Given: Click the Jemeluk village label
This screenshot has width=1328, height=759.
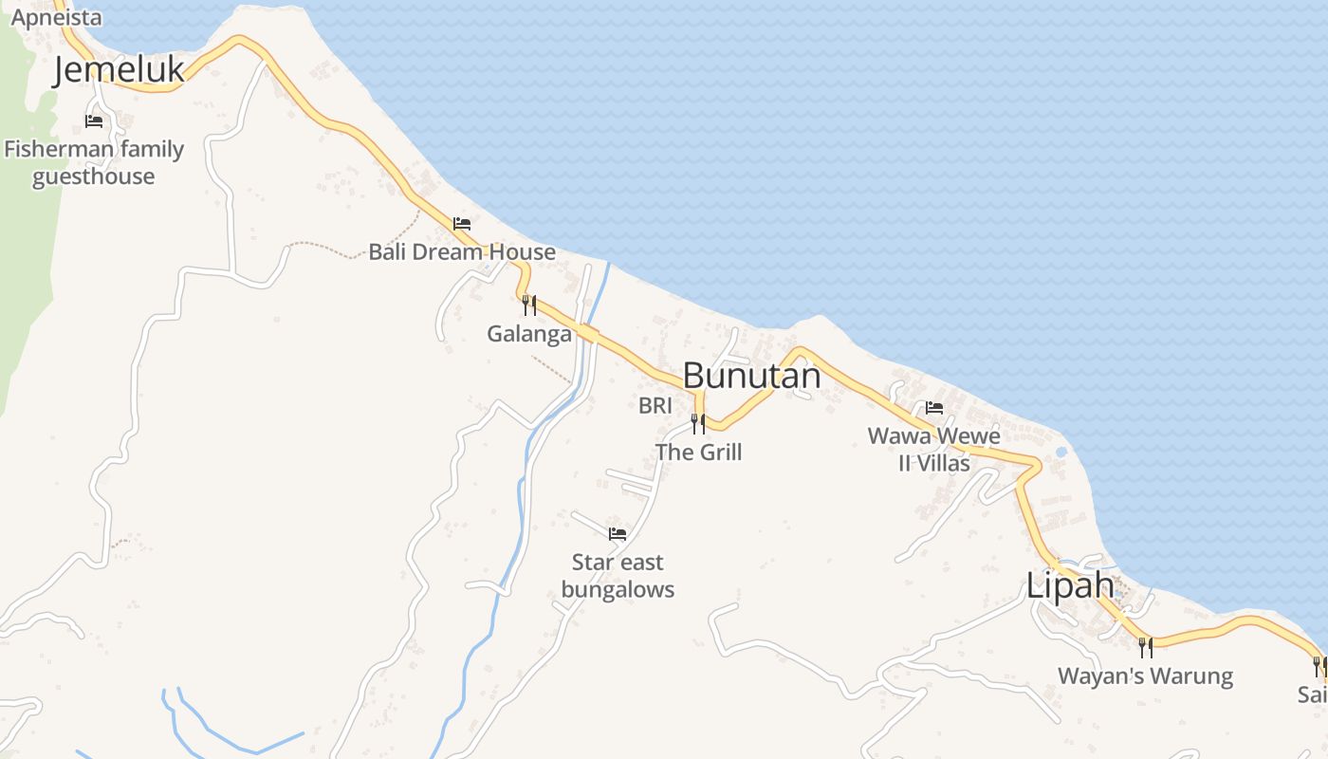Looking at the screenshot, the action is tap(119, 70).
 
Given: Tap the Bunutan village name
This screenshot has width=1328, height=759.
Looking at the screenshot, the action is tap(751, 376).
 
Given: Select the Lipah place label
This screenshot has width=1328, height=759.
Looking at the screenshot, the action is tap(1070, 585).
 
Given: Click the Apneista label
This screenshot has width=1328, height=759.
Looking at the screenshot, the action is tap(56, 16).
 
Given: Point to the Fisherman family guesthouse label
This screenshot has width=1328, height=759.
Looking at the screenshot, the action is tap(94, 162).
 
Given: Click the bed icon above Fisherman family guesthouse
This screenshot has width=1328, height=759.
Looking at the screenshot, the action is tap(94, 121).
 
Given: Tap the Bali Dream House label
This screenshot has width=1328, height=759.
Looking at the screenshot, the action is tap(462, 251).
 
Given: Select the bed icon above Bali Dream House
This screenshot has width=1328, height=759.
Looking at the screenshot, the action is tap(462, 224).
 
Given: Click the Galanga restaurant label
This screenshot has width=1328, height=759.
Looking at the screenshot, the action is tap(529, 334).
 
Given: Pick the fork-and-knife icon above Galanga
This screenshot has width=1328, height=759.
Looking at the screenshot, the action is tap(529, 305).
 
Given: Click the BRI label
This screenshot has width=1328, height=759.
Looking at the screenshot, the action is tap(655, 406).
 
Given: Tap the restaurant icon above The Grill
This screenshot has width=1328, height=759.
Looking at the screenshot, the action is tap(698, 424).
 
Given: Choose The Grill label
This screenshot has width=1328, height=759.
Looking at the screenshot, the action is tap(699, 453).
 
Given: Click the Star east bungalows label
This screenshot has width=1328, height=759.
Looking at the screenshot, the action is tap(618, 576).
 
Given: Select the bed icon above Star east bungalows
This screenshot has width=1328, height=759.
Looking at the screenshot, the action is tap(618, 534).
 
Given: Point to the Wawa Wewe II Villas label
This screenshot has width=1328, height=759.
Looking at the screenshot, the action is tap(934, 450).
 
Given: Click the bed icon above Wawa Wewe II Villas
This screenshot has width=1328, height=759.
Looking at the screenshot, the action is tap(934, 409).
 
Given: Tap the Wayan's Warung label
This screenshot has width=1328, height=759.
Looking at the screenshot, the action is tap(1145, 676).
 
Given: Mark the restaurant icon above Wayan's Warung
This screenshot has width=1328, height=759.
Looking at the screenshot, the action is tap(1146, 648).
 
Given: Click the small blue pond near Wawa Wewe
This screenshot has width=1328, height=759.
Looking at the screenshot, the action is tap(1061, 452).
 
